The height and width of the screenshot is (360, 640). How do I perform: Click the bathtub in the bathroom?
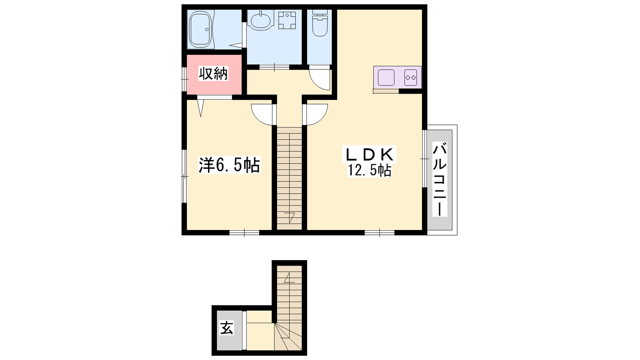point(201,30)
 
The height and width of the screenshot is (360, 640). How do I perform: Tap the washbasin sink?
point(260,20)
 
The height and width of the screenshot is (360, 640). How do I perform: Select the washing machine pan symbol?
point(287,20)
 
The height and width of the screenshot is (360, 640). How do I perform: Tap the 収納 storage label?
point(214,74)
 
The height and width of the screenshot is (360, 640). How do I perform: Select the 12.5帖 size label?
point(369,170)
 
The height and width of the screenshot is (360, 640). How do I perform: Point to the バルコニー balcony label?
point(440,180)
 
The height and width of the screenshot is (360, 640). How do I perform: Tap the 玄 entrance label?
point(226,328)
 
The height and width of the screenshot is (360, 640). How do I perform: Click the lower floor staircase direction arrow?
point(289,278)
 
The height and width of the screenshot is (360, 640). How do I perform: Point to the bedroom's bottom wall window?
point(244,232)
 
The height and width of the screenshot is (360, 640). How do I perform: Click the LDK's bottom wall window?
point(380,232)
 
